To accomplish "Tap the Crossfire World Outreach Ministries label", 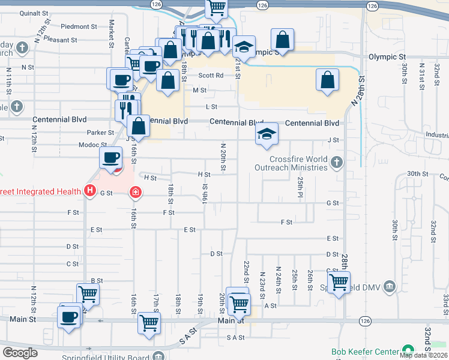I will pyautogui.click(x=298, y=163).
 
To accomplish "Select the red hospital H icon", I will pyautogui.click(x=90, y=191).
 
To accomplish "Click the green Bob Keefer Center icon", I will pyautogui.click(x=408, y=350).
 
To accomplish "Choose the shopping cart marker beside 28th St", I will pyautogui.click(x=339, y=281).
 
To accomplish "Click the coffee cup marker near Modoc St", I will pyautogui.click(x=110, y=158).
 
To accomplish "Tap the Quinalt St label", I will pyautogui.click(x=34, y=13).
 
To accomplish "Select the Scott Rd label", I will pyautogui.click(x=211, y=76).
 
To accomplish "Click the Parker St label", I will pyautogui.click(x=100, y=133).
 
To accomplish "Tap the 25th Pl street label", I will pyautogui.click(x=300, y=187).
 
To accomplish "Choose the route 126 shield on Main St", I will pyautogui.click(x=364, y=322).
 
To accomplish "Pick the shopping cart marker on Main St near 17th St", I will pyautogui.click(x=149, y=323).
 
